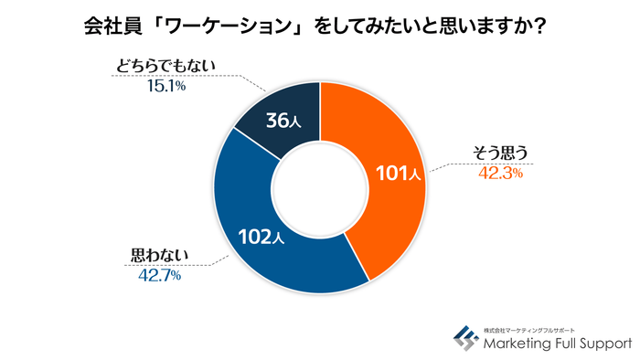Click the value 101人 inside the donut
pos(397,174)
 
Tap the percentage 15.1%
pos(165,87)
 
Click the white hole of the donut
pos(319,186)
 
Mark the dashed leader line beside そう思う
pos(448,166)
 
